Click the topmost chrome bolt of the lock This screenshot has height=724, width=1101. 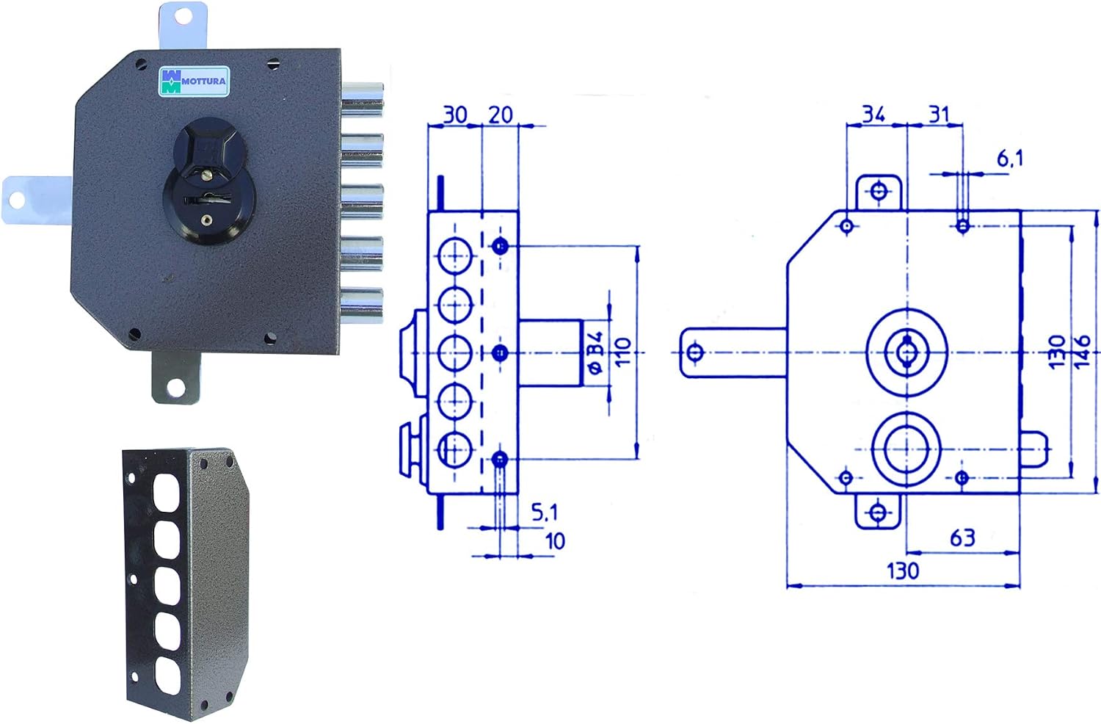click(363, 101)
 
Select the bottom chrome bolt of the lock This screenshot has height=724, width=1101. click(363, 305)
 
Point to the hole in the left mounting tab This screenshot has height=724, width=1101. click(15, 200)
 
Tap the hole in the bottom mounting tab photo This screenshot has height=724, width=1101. click(176, 386)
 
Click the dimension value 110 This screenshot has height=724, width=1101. click(622, 352)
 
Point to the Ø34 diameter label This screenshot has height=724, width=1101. click(595, 353)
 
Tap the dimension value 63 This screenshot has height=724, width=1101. click(962, 537)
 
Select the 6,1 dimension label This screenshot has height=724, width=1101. click(1009, 159)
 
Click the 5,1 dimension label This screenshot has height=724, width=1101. click(545, 513)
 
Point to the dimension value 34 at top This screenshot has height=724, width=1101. click(874, 114)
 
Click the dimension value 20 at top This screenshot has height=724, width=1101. click(501, 115)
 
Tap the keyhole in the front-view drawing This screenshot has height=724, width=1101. click(906, 352)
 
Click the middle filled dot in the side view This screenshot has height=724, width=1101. click(500, 352)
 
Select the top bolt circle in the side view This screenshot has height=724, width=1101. click(455, 256)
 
